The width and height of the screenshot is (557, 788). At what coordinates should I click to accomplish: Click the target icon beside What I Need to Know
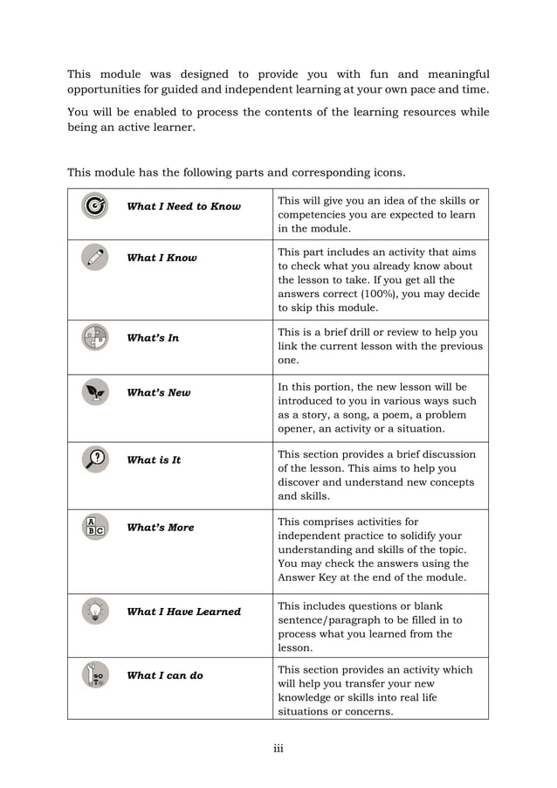[94, 205]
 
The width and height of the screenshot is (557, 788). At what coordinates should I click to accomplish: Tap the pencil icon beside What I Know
[94, 257]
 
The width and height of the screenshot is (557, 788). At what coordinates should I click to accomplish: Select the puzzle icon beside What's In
[94, 337]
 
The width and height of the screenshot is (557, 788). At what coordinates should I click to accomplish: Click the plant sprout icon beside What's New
[94, 392]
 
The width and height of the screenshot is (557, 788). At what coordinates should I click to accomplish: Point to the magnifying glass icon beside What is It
[94, 460]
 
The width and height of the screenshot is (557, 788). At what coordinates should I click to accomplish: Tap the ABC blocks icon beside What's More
[94, 527]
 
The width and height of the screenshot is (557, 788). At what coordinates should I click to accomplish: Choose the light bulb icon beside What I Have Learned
[94, 611]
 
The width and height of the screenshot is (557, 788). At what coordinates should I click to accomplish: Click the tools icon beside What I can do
[94, 674]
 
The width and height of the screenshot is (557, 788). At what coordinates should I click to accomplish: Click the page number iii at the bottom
[278, 748]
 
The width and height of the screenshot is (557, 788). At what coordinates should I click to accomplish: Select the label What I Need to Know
[183, 206]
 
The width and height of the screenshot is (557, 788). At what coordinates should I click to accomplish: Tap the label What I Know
[162, 258]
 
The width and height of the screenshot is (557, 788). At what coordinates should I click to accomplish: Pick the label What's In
[153, 338]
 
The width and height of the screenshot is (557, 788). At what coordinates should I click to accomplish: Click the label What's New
[158, 393]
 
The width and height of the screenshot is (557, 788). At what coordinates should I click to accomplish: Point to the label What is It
[154, 460]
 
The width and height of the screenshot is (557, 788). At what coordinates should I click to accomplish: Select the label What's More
[161, 528]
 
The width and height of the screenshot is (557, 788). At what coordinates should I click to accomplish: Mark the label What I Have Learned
[183, 612]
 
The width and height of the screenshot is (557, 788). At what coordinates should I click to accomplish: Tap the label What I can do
[164, 675]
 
